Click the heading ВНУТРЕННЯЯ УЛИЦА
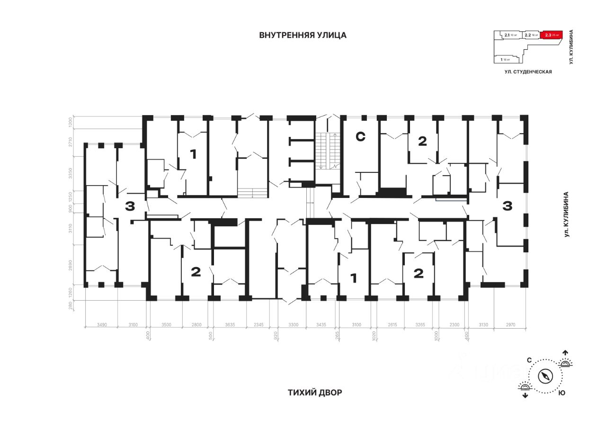coord(303,35)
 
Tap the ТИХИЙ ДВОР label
coord(314,393)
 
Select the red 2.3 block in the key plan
coord(552,35)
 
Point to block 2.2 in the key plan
coord(532,35)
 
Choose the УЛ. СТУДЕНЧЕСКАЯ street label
coord(528,71)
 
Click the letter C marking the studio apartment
coord(360,137)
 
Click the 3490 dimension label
coord(101,325)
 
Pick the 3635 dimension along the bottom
coord(230,325)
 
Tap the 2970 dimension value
coord(510,325)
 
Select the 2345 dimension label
coord(258,325)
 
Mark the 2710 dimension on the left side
coord(70,142)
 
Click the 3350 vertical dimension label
coord(70,173)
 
